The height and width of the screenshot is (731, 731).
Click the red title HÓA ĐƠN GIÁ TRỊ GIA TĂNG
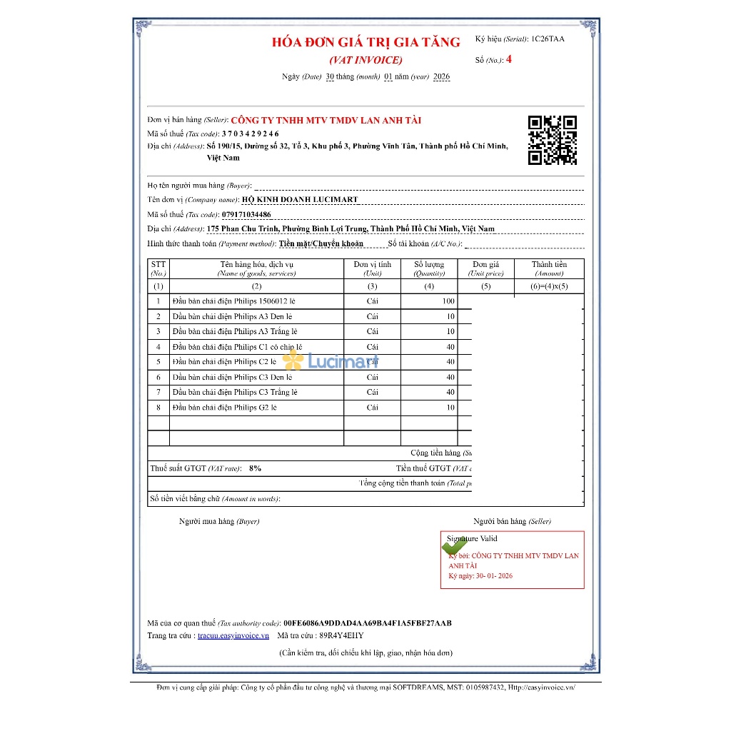point(366,42)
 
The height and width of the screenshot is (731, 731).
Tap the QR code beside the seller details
point(552,140)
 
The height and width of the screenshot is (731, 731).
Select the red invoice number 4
point(508,60)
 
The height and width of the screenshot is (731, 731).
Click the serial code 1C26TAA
point(548,39)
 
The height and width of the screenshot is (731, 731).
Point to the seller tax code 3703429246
point(250,133)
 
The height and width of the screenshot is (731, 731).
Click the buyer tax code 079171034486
point(246,214)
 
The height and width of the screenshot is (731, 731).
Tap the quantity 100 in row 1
point(448,301)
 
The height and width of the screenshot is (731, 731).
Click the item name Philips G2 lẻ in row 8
point(224,408)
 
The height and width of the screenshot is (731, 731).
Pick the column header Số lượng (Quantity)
point(429,268)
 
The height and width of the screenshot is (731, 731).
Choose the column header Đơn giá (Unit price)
point(485,268)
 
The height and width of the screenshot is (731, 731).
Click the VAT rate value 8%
point(255,468)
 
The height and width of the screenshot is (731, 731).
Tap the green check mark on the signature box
point(454,547)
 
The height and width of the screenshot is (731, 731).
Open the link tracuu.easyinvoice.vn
point(233,635)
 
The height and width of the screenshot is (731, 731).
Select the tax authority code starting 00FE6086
point(367,622)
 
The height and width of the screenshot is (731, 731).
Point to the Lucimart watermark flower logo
point(293,361)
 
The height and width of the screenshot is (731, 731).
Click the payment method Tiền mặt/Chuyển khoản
point(321,243)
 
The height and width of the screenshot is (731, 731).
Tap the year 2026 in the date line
point(441,76)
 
